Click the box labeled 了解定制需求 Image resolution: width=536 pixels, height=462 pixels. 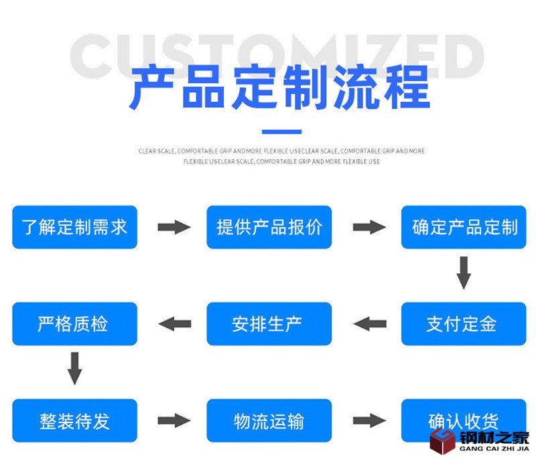(74, 227)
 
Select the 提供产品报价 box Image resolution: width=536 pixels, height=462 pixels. (269, 227)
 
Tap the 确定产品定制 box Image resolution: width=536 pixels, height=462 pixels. (464, 227)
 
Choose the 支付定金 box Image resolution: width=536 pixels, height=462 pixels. (464, 324)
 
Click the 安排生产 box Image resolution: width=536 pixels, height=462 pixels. (269, 324)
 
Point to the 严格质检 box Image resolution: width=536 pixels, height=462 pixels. (74, 324)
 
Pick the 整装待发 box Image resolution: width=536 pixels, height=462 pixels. (74, 421)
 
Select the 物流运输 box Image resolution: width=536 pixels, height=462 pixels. (269, 421)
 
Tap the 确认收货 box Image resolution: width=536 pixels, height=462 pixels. (464, 421)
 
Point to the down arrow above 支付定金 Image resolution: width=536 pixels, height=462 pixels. (464, 273)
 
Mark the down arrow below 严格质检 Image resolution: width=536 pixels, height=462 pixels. (74, 369)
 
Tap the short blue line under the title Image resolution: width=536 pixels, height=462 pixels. (281, 132)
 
